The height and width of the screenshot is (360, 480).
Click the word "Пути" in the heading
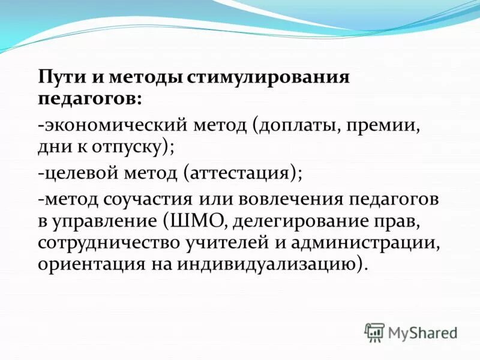(x=59, y=77)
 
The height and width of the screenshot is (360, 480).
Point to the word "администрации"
(x=371, y=244)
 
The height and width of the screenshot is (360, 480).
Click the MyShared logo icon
(x=374, y=332)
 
